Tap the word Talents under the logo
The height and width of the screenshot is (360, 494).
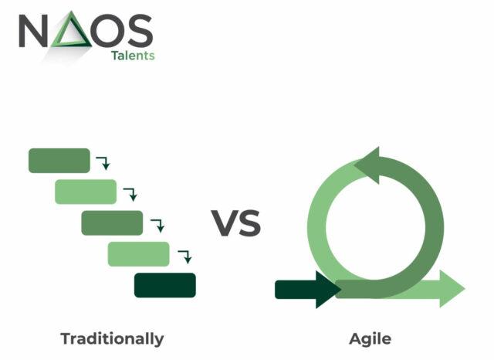[x=133, y=56]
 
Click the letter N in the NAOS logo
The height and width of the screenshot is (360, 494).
[x=33, y=31]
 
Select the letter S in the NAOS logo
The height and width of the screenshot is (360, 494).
[x=140, y=31]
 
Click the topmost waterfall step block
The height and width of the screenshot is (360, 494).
[x=59, y=161]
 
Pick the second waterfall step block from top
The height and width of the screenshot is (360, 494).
[x=86, y=192]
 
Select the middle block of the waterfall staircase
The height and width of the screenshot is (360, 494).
[x=112, y=222]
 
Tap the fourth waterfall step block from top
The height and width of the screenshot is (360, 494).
[x=139, y=254]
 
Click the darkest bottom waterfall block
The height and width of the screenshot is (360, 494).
[x=165, y=285]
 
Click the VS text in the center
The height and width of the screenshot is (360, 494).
[x=236, y=222]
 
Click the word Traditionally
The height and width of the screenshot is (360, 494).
[x=112, y=339]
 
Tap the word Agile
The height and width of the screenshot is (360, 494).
[x=370, y=339]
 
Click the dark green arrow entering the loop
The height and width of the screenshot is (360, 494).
[x=308, y=290]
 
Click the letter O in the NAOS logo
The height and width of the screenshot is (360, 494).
[x=108, y=31]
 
